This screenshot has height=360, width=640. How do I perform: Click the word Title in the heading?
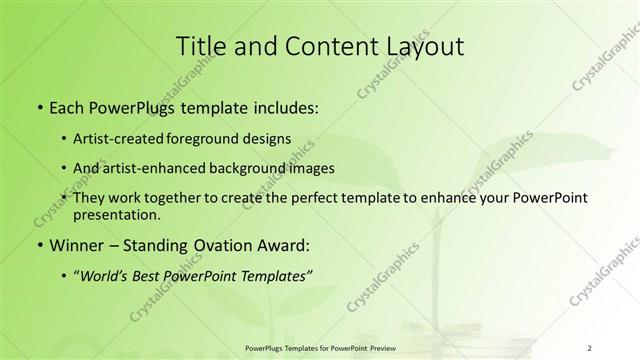pos(201,47)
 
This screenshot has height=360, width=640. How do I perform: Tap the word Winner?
pos(76,244)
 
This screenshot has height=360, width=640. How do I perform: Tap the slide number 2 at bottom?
pos(590,347)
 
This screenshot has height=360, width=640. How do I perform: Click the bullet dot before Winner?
pos(39,244)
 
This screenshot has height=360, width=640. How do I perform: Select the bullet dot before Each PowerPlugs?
pos(39,105)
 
